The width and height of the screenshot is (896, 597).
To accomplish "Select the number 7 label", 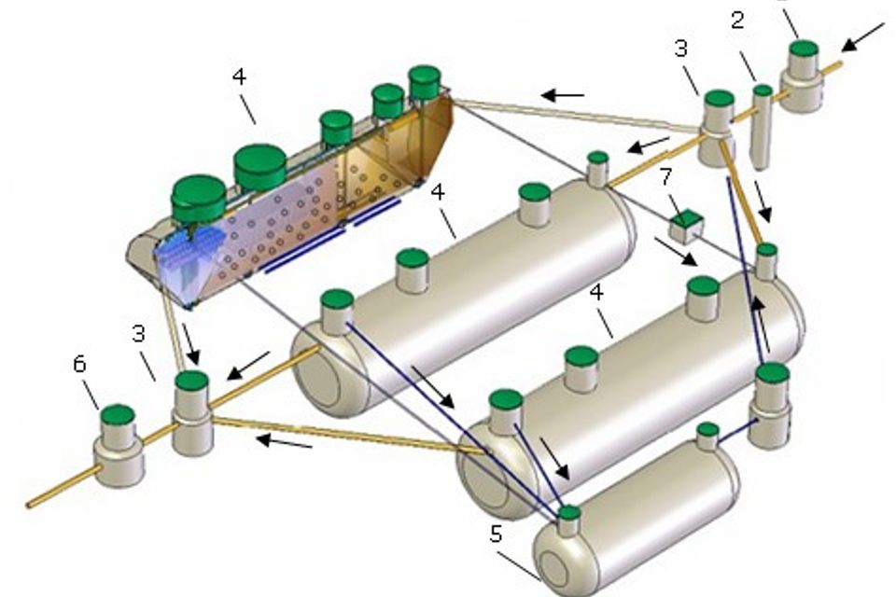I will [664, 176].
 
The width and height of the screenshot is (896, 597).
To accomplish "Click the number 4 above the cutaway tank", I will [239, 77].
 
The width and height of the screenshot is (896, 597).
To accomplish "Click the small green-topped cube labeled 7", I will [686, 225].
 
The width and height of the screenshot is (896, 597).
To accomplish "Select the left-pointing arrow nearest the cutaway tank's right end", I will [563, 94].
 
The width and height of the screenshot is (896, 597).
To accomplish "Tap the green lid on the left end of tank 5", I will [568, 512].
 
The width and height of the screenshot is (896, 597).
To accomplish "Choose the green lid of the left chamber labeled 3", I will [191, 381].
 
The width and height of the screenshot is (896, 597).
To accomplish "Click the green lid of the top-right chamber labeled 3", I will [719, 98].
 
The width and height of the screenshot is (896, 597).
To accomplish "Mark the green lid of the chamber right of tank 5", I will [773, 374].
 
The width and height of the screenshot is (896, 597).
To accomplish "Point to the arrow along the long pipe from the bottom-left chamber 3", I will [285, 439].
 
